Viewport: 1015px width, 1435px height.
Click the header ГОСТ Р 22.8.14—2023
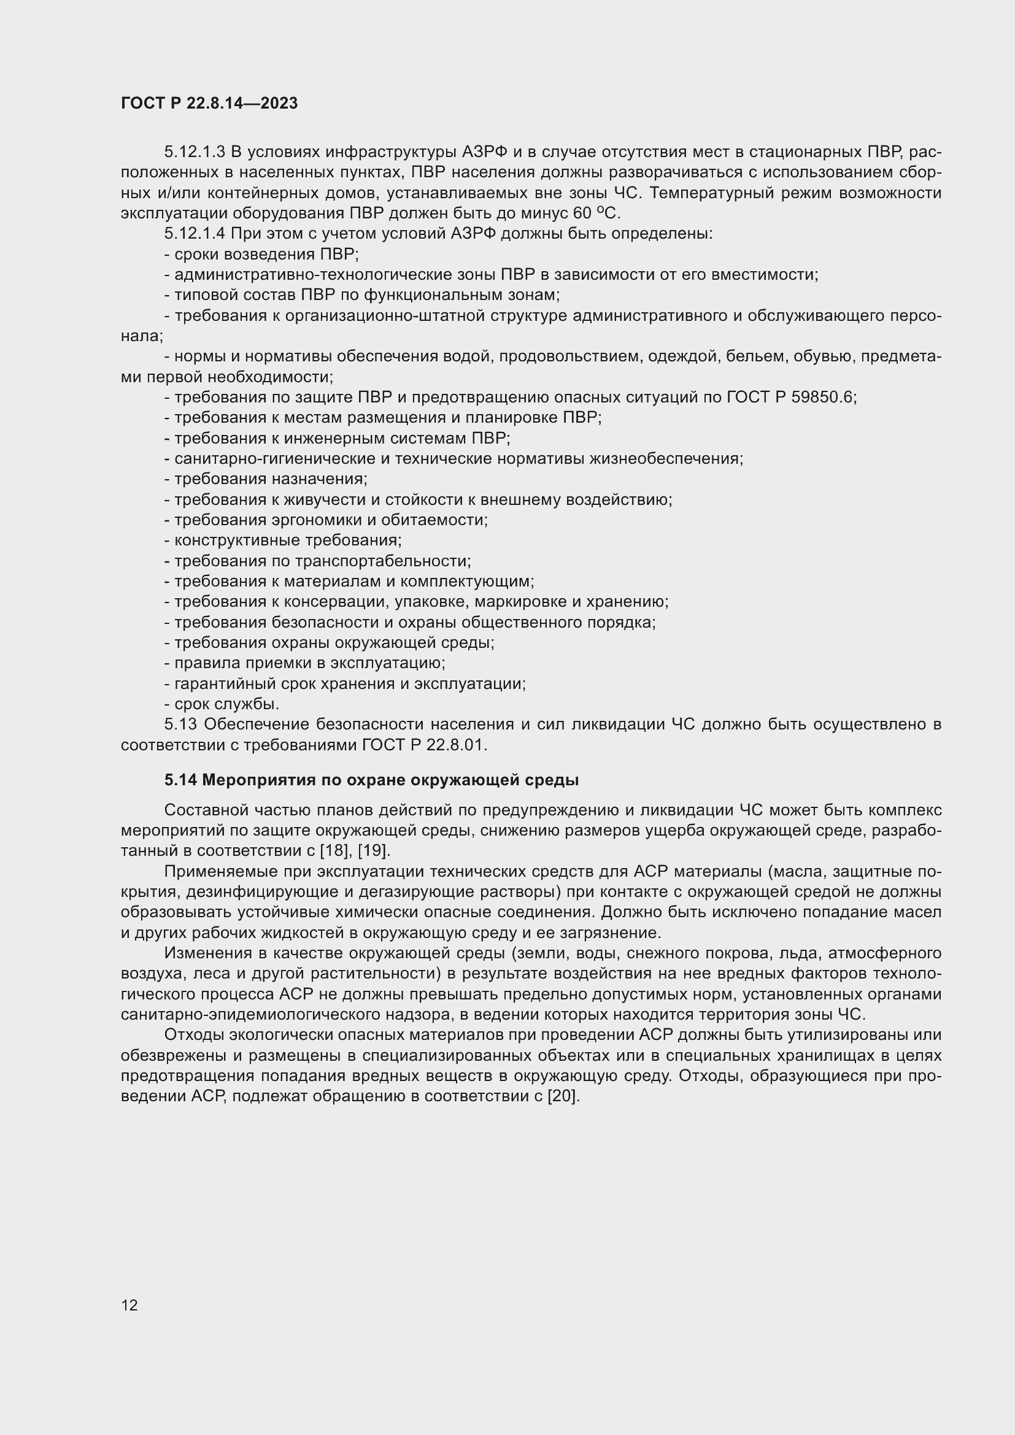tap(209, 104)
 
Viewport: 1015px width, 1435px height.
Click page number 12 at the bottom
tap(129, 1305)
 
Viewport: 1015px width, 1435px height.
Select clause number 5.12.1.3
tap(194, 153)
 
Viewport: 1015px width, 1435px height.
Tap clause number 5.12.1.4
tap(194, 234)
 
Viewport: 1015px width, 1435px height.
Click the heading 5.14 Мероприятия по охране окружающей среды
tap(371, 780)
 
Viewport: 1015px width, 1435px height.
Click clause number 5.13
tap(180, 725)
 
